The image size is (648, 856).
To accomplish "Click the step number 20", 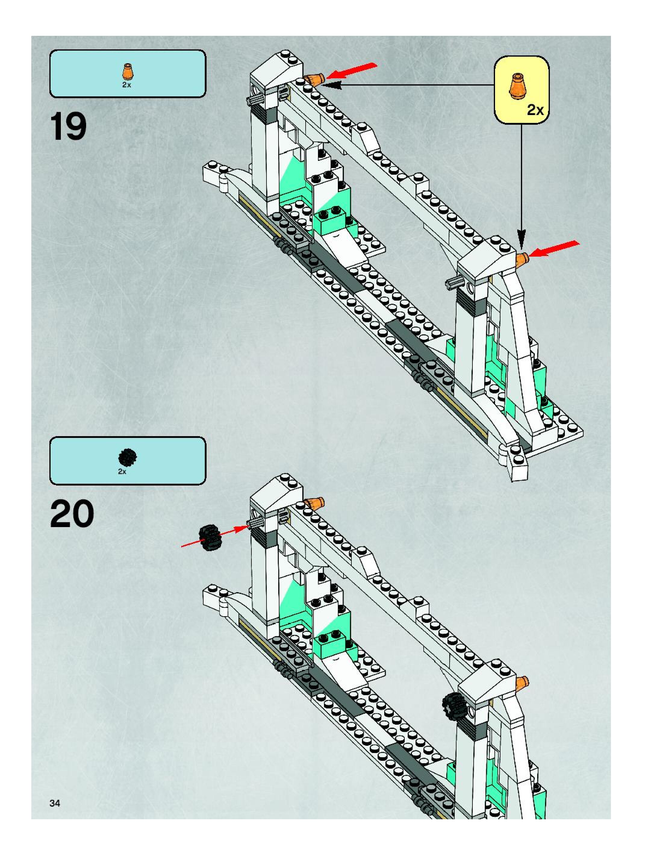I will click(72, 514).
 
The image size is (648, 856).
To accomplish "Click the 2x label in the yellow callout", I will click(535, 110).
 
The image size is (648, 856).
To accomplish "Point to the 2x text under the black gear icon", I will click(122, 472).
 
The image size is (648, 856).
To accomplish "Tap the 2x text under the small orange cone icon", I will click(126, 85).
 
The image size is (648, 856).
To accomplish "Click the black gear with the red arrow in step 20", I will click(210, 538).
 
